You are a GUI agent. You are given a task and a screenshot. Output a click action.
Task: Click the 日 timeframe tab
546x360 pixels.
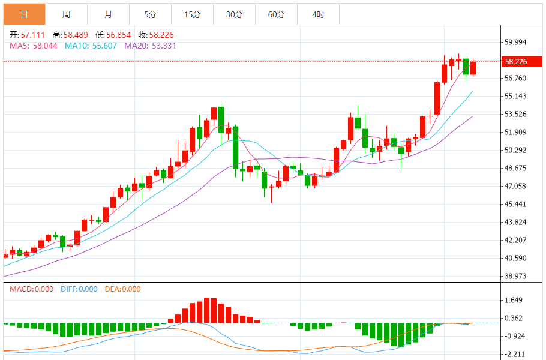[24, 14]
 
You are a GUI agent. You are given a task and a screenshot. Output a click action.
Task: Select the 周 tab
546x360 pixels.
[66, 14]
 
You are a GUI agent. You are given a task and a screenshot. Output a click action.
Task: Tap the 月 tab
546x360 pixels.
[108, 14]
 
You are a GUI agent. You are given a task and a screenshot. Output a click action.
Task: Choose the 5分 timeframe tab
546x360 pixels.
[150, 14]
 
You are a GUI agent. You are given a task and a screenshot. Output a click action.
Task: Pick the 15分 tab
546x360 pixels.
[192, 14]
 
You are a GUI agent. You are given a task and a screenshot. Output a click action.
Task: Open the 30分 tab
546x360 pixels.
[234, 14]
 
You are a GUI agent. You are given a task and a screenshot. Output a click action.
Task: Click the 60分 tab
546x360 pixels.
[276, 14]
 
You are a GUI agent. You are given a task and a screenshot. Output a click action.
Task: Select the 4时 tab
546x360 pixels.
[318, 14]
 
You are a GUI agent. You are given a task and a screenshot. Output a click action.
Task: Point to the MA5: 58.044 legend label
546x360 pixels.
[34, 46]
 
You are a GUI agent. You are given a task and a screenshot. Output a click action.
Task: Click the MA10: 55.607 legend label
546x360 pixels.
[91, 46]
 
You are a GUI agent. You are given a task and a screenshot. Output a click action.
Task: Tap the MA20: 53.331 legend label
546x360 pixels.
[150, 46]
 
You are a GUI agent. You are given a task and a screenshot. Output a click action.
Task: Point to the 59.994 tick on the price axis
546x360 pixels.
[516, 42]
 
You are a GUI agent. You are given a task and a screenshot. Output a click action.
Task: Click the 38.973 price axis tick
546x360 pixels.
[516, 276]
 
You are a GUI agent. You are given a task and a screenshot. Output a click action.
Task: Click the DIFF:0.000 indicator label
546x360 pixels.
[79, 289]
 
